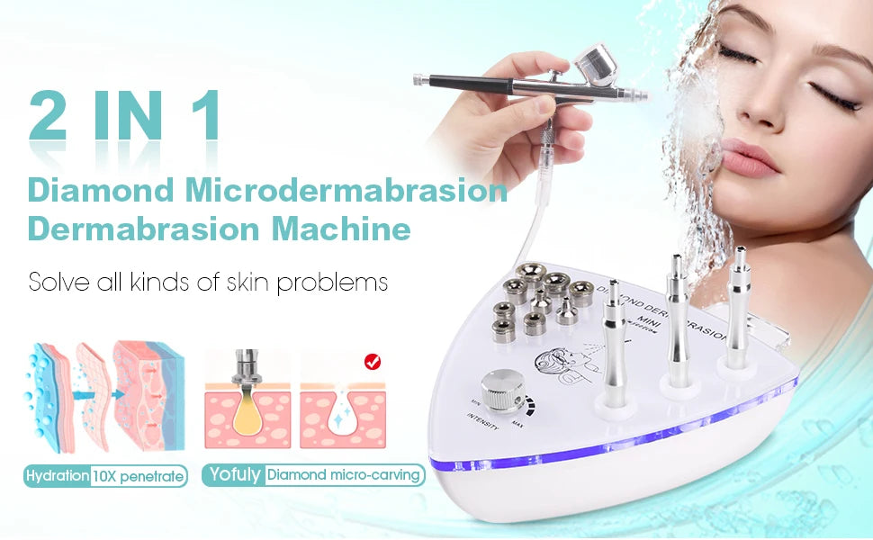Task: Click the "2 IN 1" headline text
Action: point(124,115)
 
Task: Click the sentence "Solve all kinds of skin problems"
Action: point(208,282)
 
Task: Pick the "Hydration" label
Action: point(57,475)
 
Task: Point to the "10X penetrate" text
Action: point(139,475)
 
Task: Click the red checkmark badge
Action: point(370,362)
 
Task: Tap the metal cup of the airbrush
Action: point(595,64)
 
